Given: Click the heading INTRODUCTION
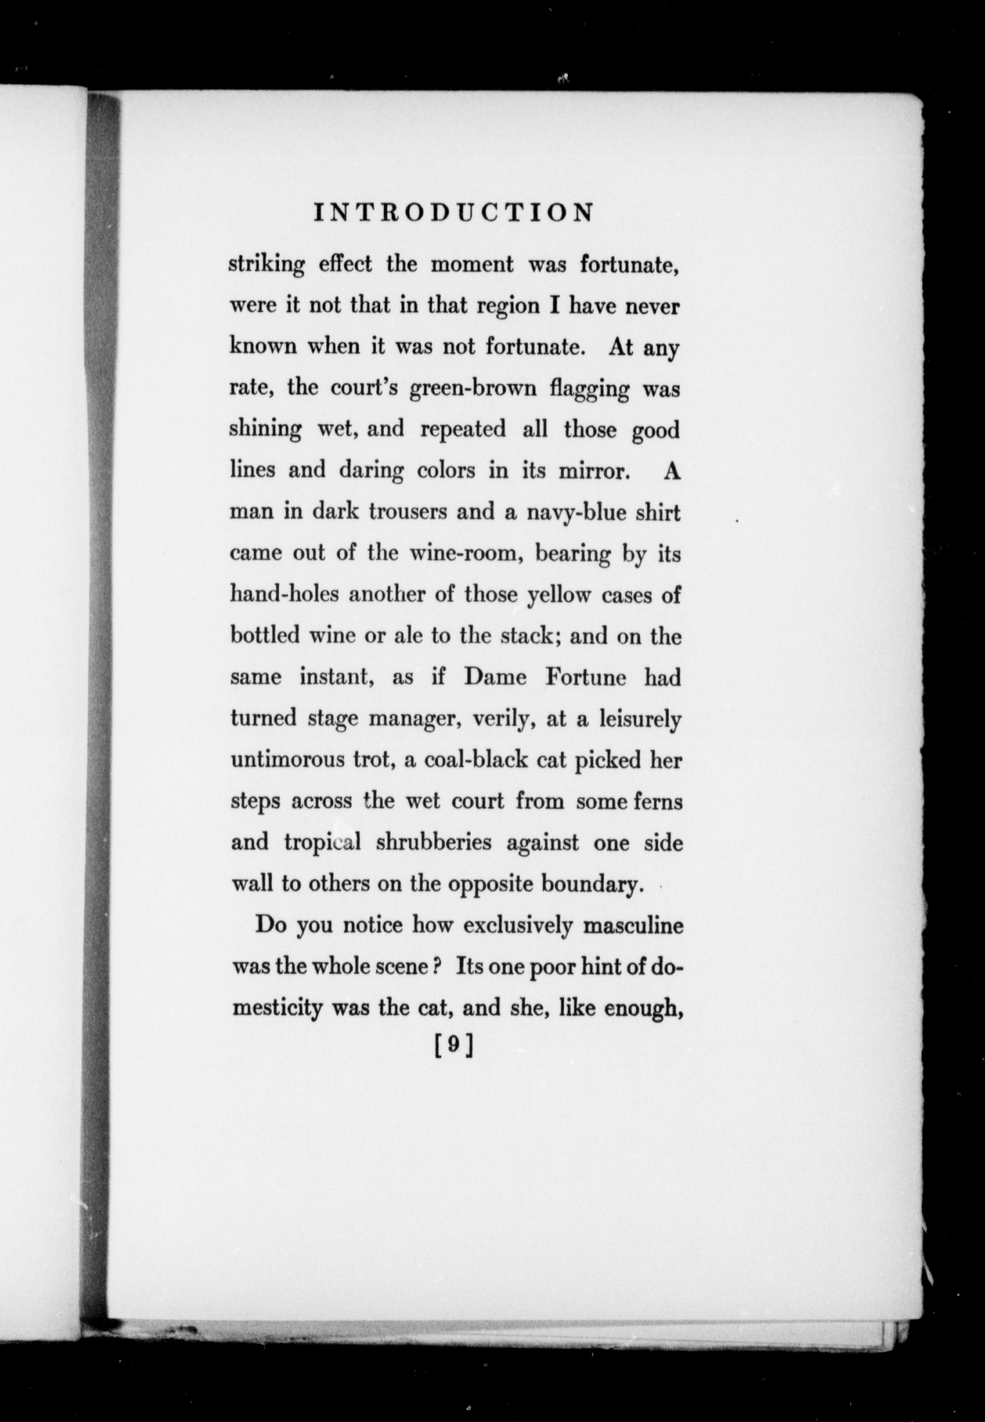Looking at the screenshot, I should point(454,213).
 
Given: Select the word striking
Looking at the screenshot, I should point(267,265).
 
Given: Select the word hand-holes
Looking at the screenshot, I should point(285,594).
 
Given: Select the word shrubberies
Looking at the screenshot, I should point(433,842).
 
